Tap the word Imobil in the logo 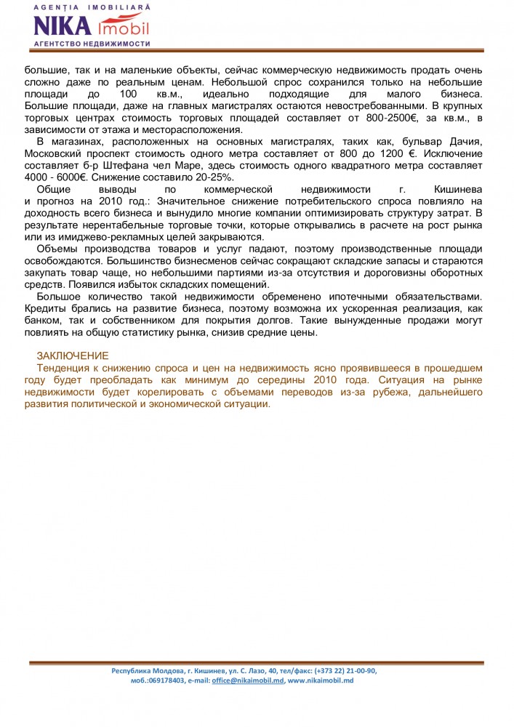pyautogui.click(x=122, y=28)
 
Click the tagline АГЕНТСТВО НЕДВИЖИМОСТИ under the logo pyautogui.click(x=92, y=44)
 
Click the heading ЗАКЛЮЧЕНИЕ pyautogui.click(x=73, y=356)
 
